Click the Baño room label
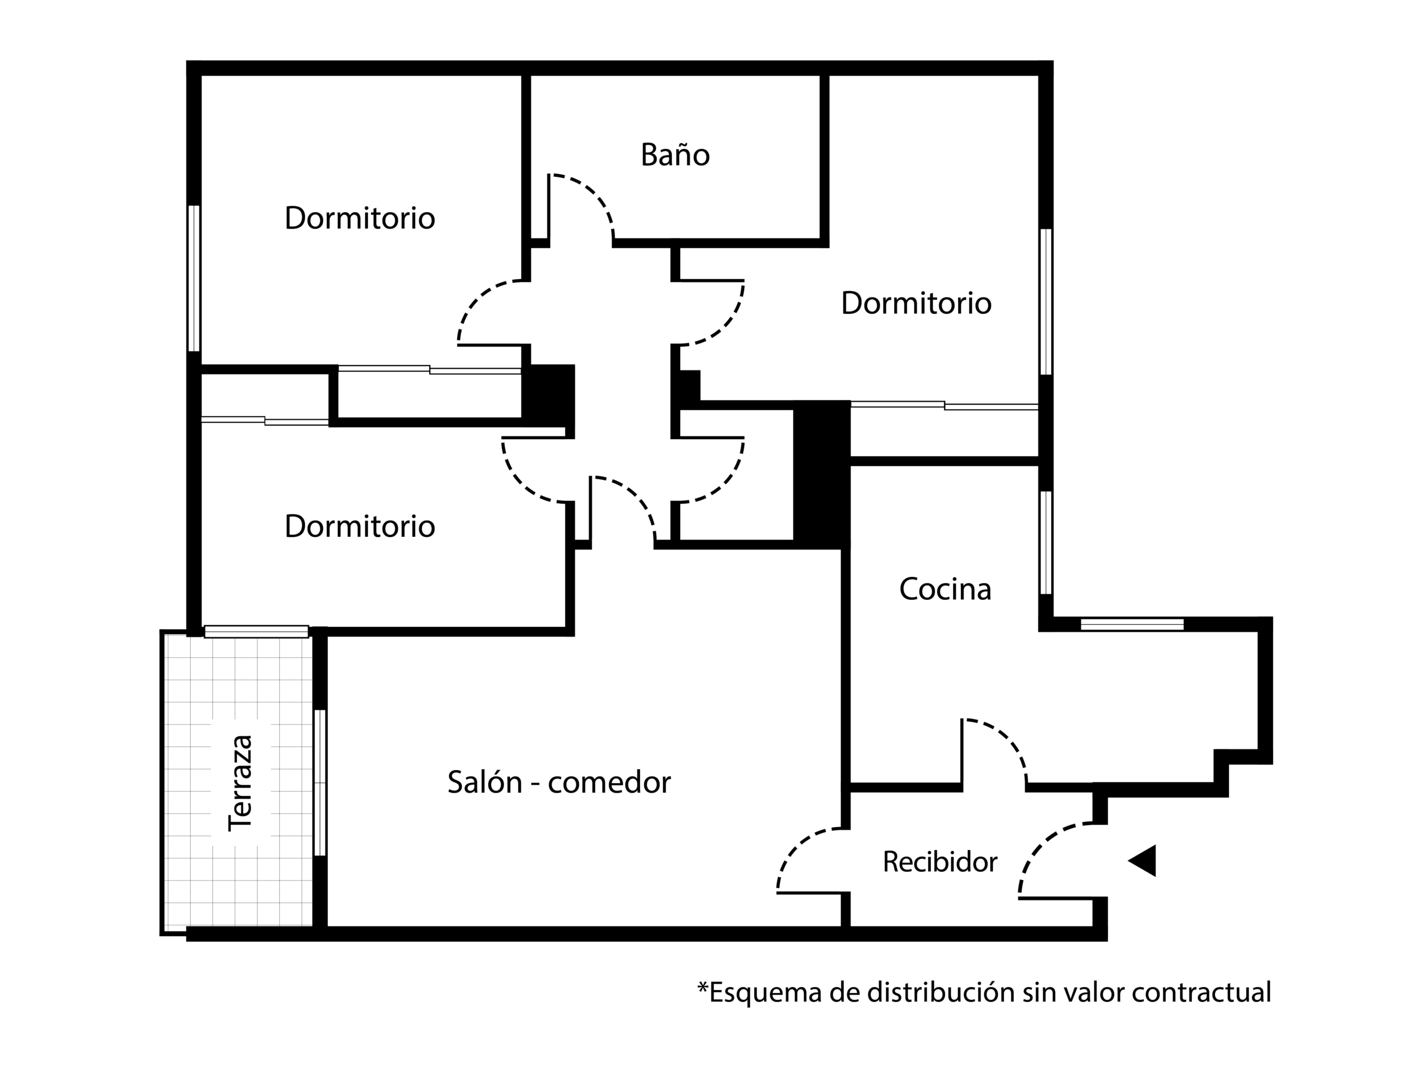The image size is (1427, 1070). click(675, 155)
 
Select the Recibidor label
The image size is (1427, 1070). click(939, 862)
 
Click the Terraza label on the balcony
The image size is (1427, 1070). click(241, 782)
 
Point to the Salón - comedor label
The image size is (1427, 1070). click(559, 782)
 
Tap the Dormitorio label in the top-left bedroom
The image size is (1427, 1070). click(360, 218)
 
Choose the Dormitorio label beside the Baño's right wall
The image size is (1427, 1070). click(915, 303)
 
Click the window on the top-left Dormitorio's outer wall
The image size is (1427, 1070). click(193, 278)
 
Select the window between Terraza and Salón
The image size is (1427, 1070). click(319, 782)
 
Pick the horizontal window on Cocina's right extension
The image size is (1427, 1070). click(1132, 624)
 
